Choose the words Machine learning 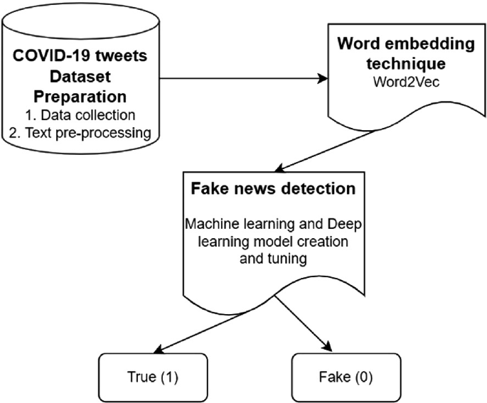tap(231, 224)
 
